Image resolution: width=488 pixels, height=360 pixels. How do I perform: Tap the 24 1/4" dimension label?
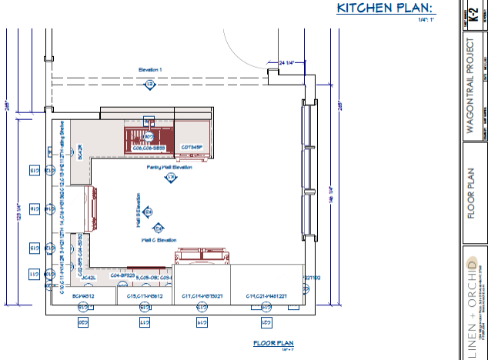286,62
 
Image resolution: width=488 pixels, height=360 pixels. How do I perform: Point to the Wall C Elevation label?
159,240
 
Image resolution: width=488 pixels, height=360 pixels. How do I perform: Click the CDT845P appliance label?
192,147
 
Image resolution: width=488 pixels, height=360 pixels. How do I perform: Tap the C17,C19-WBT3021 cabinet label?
202,295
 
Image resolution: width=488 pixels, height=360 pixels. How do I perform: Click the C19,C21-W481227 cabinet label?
266,295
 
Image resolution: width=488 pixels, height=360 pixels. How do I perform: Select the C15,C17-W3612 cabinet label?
145,295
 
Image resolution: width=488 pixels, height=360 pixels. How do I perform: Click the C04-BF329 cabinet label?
122,275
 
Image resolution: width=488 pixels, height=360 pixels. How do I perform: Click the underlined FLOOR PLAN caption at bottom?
273,343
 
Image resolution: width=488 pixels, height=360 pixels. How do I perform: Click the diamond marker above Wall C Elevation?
158,228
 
